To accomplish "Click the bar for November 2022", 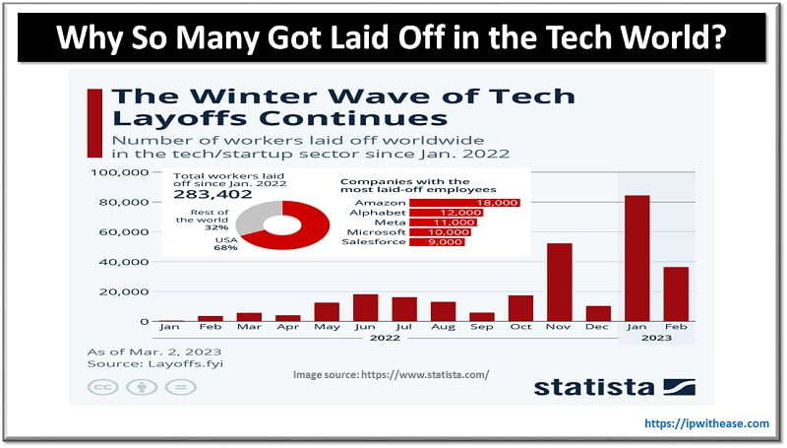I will click(x=559, y=283).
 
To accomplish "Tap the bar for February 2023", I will click(x=676, y=294).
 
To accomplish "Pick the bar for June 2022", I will click(x=365, y=308).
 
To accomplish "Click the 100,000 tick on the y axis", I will click(x=118, y=173).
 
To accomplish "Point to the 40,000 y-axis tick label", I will click(x=122, y=263).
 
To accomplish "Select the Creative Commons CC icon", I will click(x=100, y=388).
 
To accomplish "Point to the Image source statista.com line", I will click(x=391, y=375).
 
